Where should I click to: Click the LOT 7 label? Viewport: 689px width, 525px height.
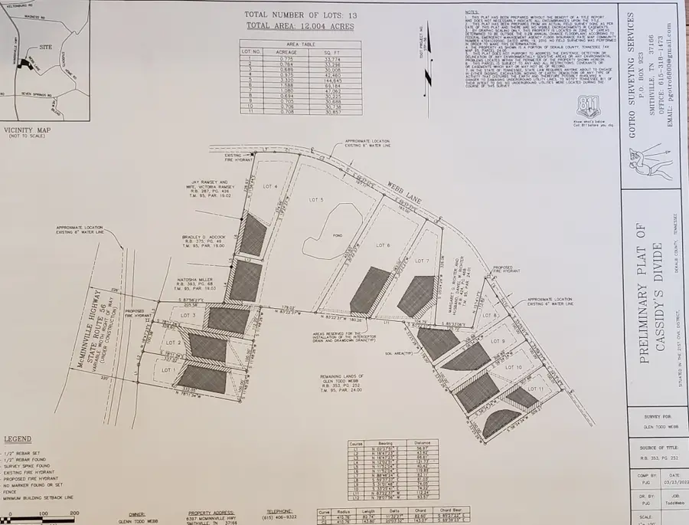pyautogui.click(x=421, y=261)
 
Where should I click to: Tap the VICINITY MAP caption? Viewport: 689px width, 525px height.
pyautogui.click(x=28, y=130)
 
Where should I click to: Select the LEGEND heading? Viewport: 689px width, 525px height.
pyautogui.click(x=18, y=439)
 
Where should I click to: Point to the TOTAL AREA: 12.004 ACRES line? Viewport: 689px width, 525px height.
pyautogui.click(x=290, y=26)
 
